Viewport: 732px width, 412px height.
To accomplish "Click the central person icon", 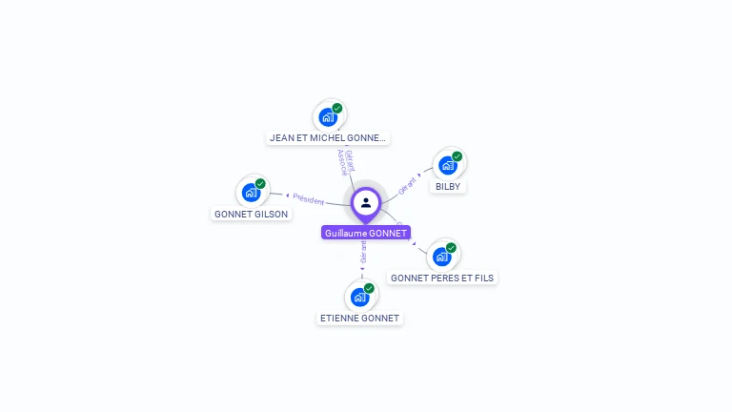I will click(366, 202).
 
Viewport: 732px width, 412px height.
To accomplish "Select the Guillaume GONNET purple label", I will click(366, 233).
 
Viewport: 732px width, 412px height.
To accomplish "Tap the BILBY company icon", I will click(447, 165).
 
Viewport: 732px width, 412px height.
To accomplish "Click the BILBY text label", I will click(448, 187).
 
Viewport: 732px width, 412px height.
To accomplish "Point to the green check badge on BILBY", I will click(457, 155).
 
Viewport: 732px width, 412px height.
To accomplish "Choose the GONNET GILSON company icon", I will click(251, 193).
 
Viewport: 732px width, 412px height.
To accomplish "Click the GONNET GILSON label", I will click(252, 215).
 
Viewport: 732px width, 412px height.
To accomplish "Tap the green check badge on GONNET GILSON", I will click(261, 183).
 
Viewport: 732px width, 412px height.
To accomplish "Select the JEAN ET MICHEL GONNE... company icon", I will click(328, 117).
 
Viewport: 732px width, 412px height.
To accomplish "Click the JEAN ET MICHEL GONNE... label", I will click(328, 138).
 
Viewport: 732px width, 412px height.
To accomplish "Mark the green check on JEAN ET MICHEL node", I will click(337, 108).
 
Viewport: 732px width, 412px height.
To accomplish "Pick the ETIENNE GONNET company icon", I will click(359, 297).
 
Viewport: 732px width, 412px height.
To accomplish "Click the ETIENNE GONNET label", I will click(360, 318).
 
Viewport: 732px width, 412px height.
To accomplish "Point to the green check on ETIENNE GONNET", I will click(370, 287).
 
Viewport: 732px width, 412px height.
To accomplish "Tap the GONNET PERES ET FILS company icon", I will click(441, 257).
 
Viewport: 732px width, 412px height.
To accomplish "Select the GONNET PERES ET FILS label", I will click(443, 278).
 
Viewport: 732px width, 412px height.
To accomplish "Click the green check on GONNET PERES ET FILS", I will click(452, 247).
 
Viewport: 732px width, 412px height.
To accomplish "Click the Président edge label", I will click(309, 199).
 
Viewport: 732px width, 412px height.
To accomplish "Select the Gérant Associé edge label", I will click(345, 162).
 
